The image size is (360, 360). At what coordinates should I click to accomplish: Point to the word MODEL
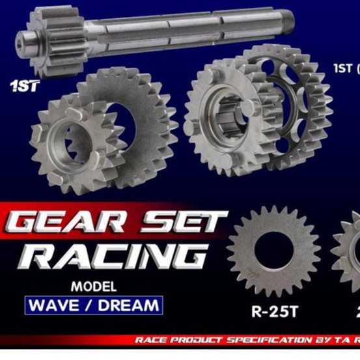(94, 286)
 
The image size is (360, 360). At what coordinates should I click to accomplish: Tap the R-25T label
(274, 310)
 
